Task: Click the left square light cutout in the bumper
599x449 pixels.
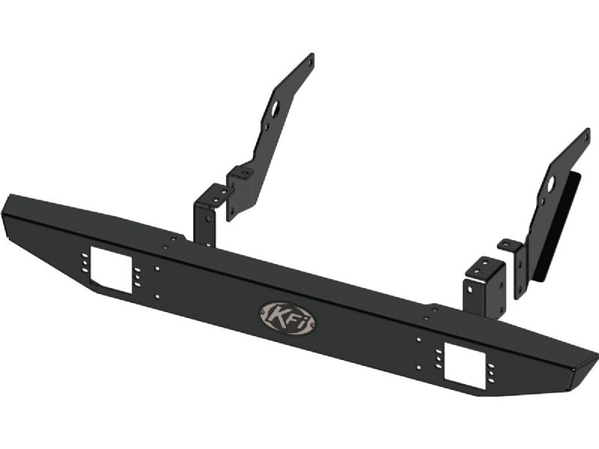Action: click(x=111, y=270)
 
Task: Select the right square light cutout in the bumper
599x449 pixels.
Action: click(x=465, y=361)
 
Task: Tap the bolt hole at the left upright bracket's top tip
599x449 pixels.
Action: click(x=311, y=60)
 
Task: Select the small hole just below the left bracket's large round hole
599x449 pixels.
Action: click(x=267, y=125)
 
